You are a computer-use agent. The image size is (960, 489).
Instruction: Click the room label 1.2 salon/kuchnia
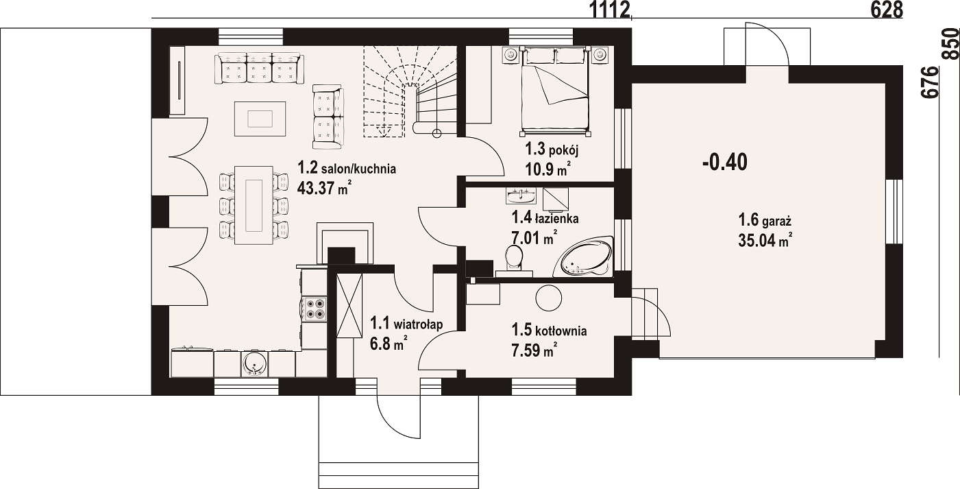click(347, 168)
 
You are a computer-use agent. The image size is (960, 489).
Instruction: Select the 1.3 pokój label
click(552, 150)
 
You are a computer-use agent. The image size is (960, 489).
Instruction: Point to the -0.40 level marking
click(725, 163)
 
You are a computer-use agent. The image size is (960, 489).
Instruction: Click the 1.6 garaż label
click(764, 220)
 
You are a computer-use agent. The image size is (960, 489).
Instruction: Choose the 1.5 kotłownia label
click(549, 331)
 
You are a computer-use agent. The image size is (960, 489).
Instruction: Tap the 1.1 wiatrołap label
click(406, 324)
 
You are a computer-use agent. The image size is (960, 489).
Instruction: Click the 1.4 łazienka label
click(545, 217)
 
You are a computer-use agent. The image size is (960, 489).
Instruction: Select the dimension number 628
click(887, 10)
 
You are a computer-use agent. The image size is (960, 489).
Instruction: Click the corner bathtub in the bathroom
click(584, 256)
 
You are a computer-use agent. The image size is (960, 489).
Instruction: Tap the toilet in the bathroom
click(514, 261)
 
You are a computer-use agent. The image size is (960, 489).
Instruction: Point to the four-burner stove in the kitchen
click(314, 309)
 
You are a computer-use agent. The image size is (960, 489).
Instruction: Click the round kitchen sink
click(255, 363)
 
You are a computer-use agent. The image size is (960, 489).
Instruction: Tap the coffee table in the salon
click(260, 119)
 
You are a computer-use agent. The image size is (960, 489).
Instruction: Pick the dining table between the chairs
click(254, 206)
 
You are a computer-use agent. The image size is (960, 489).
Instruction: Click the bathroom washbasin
click(521, 195)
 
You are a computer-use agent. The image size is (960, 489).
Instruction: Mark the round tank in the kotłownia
click(549, 298)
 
